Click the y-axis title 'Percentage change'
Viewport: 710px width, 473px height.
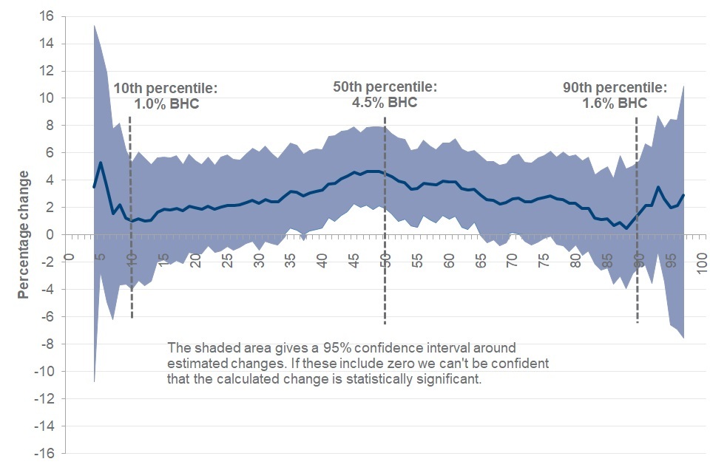point(24,234)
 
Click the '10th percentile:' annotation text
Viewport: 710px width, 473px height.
point(166,89)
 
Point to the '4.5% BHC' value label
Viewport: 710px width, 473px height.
point(385,102)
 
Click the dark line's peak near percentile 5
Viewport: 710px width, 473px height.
point(101,163)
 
